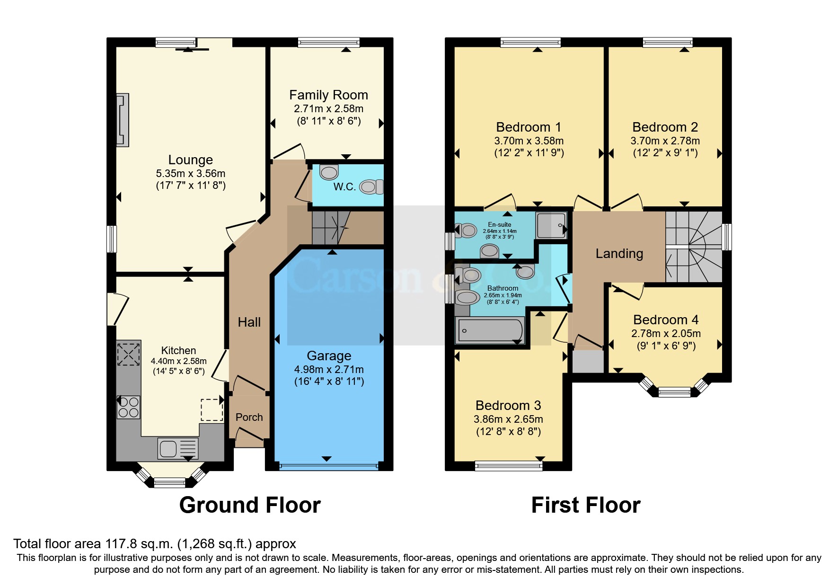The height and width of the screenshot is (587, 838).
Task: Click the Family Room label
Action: pos(328,95)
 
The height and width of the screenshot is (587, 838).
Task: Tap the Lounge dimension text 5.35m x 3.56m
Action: pos(191,173)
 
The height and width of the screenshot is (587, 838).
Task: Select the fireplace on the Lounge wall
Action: pos(123,120)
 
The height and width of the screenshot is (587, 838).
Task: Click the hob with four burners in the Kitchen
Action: pos(128,407)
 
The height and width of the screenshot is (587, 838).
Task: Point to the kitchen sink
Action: pos(178,448)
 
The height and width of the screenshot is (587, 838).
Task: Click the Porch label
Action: pos(249,417)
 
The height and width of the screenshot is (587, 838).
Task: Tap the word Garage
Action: pos(329,356)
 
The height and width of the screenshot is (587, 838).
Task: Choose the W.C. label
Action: pos(344,187)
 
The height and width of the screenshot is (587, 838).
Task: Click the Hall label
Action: pos(249,322)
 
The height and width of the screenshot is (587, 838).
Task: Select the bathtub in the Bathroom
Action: pos(489,330)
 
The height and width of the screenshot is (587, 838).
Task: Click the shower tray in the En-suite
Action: pos(551,225)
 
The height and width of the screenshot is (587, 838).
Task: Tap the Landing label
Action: pos(619,254)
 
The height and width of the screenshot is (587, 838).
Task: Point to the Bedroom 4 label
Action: pos(666,320)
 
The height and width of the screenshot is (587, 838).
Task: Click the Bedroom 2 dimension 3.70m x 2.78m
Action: pos(665,141)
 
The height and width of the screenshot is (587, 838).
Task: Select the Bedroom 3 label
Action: pos(508,406)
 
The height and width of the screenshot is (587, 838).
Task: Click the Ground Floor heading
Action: pos(250,505)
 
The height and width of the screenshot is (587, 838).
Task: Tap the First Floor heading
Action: pos(586,505)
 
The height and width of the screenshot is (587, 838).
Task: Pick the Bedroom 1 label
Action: pos(529,127)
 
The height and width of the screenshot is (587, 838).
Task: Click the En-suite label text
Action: pos(500,225)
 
